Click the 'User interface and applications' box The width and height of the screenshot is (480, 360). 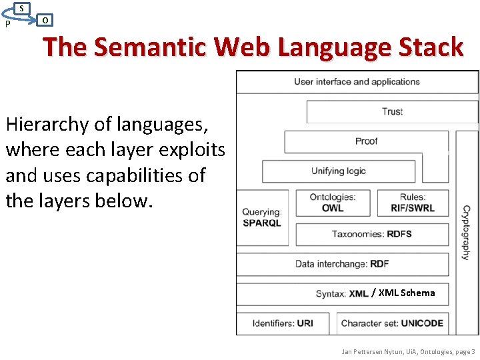click(357, 82)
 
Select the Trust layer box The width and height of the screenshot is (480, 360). click(392, 111)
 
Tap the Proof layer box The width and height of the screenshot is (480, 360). click(366, 141)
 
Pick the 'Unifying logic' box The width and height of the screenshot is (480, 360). click(339, 171)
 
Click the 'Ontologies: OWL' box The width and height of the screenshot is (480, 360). click(333, 203)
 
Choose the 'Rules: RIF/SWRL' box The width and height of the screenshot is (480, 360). click(413, 203)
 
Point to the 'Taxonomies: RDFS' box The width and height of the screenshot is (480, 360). click(371, 234)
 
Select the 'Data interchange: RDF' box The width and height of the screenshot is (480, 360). click(342, 264)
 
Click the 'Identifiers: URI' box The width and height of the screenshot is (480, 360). click(283, 323)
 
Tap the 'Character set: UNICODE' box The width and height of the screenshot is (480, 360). click(392, 323)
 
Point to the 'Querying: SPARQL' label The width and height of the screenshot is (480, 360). click(262, 217)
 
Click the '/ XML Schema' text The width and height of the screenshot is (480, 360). click(403, 293)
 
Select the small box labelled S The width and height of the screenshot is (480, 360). click(22, 8)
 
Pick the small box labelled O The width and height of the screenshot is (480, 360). click(45, 20)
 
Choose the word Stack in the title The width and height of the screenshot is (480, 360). click(430, 47)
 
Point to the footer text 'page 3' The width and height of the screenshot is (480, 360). click(465, 351)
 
